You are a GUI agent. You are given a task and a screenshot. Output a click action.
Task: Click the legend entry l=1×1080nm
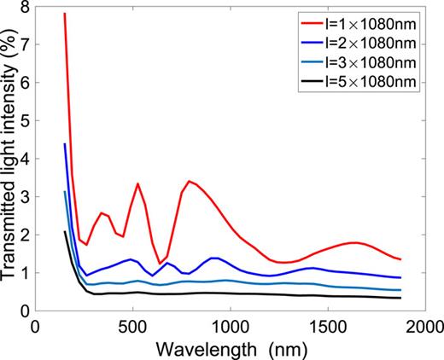[380, 20]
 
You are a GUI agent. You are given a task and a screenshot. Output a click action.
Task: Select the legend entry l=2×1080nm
[380, 41]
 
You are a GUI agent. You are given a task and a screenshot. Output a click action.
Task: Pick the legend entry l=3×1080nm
[380, 62]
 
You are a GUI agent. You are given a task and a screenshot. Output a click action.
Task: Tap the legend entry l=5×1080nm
[380, 84]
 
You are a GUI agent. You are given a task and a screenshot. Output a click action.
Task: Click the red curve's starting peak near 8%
[65, 15]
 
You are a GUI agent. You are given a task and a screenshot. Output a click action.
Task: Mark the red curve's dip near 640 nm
[160, 264]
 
